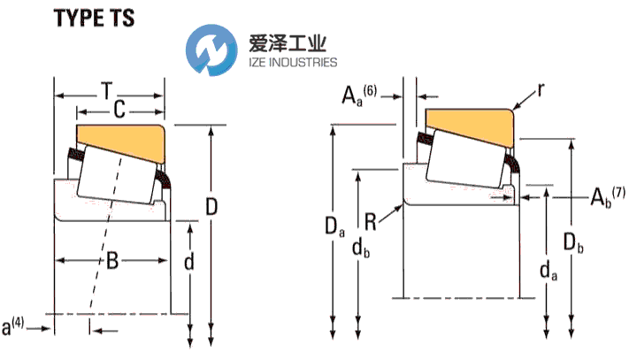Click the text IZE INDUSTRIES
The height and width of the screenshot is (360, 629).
[x=287, y=63]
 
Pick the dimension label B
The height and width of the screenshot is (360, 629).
[x=112, y=260]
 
